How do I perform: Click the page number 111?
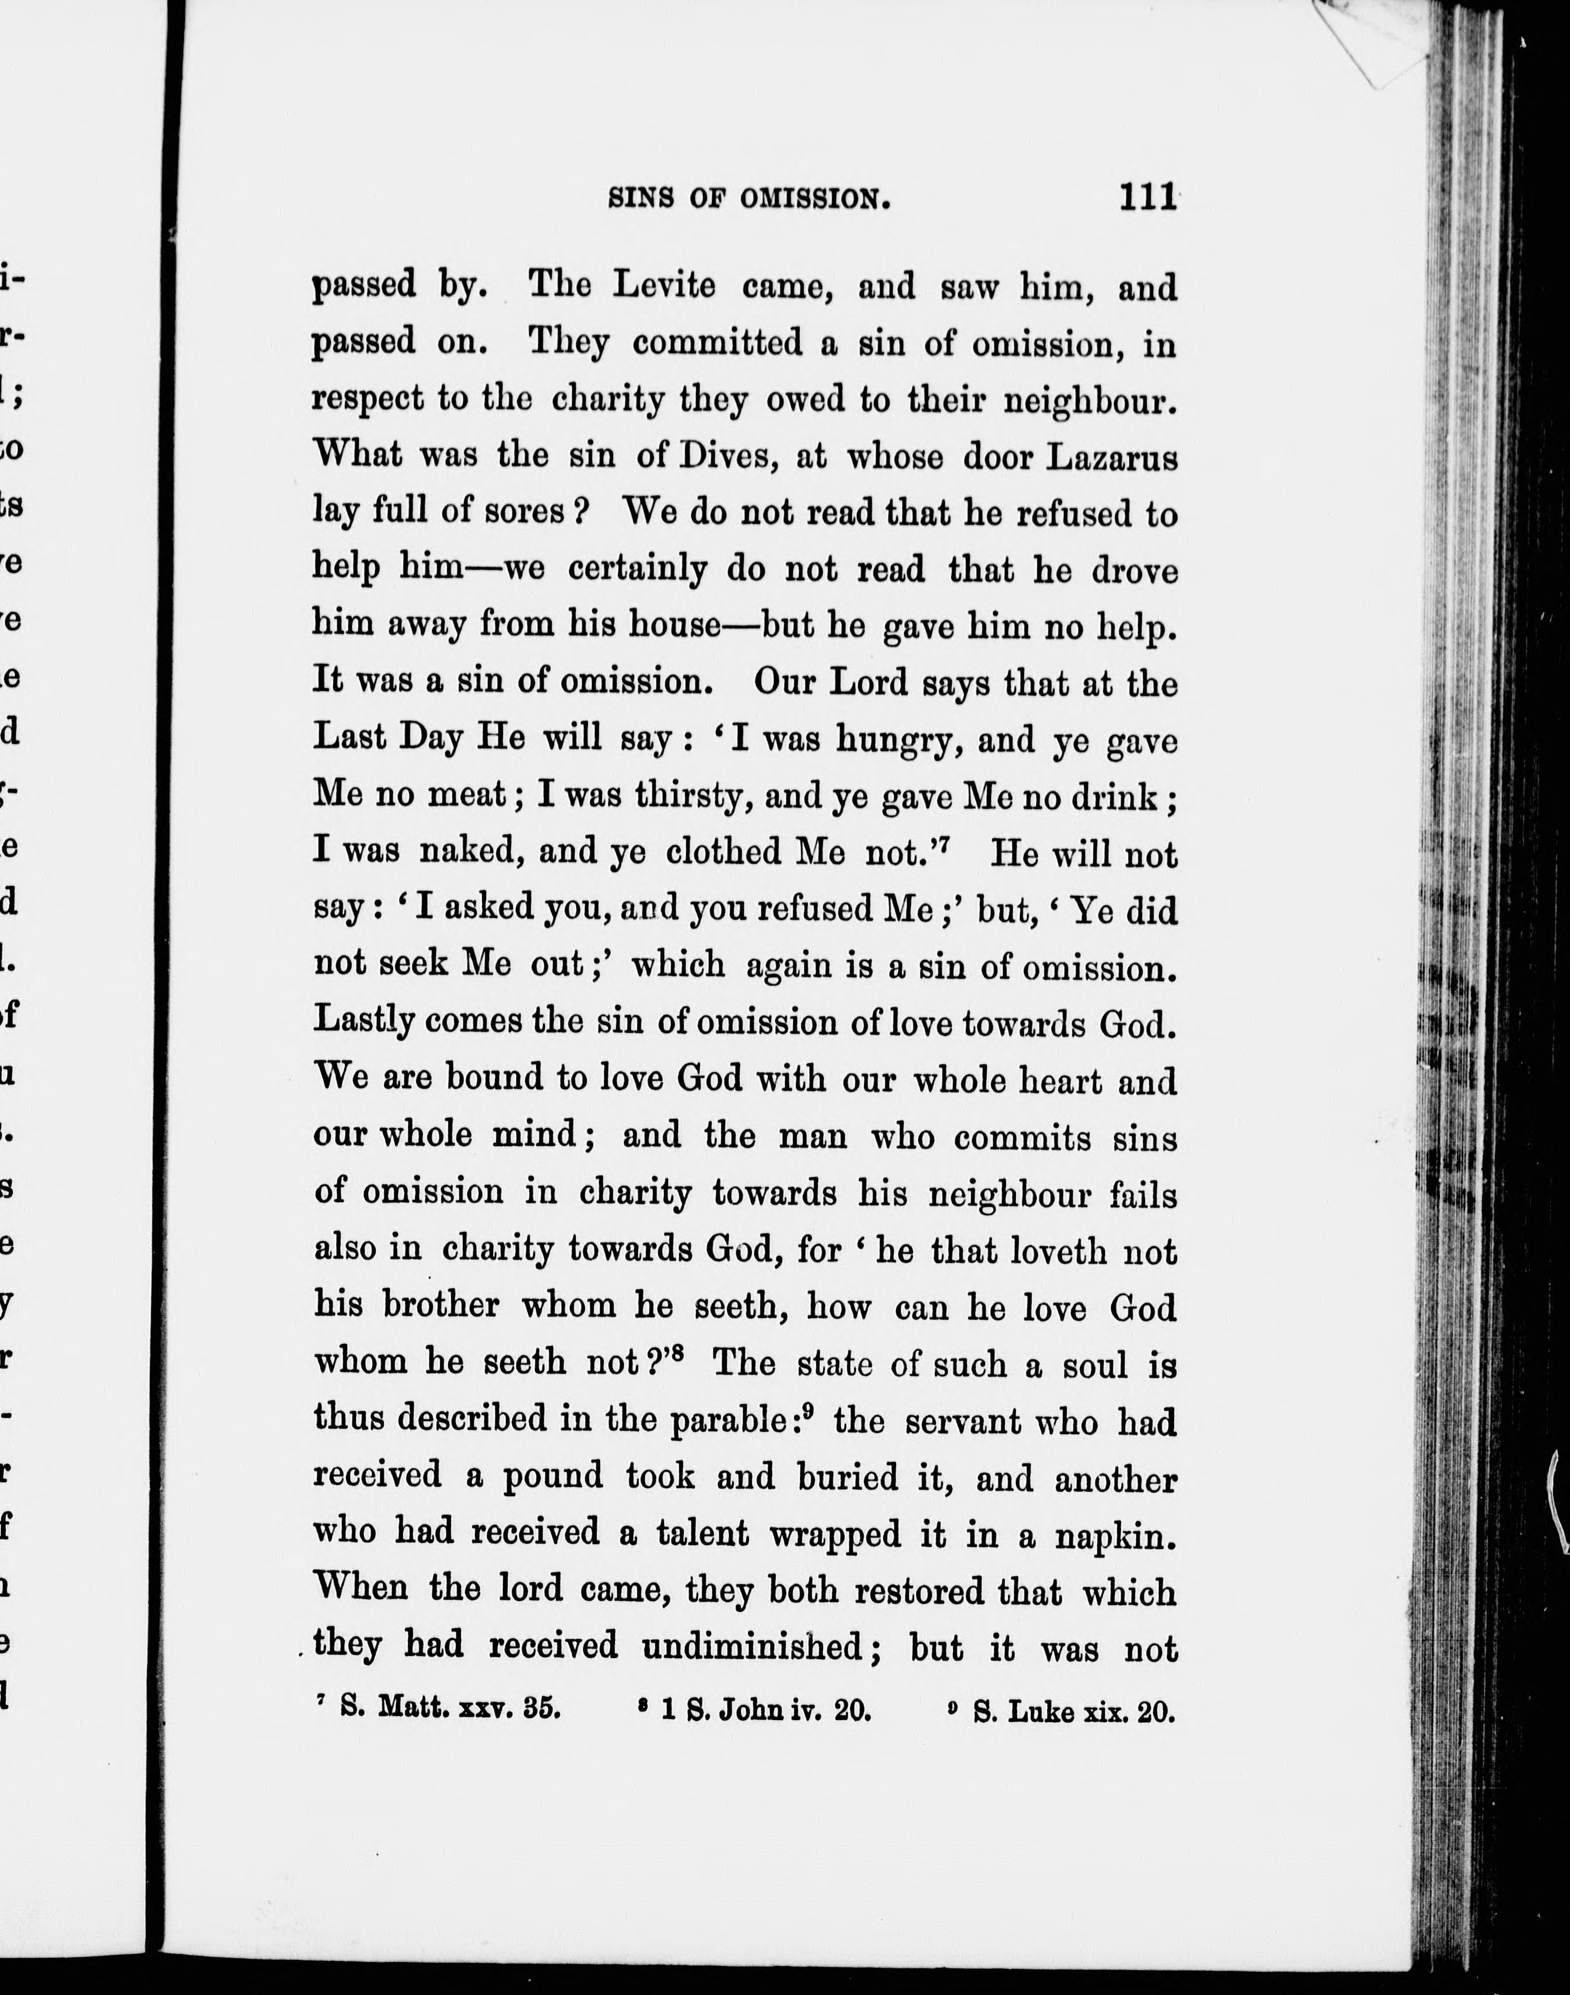coord(1147,198)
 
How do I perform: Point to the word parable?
coord(726,1421)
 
